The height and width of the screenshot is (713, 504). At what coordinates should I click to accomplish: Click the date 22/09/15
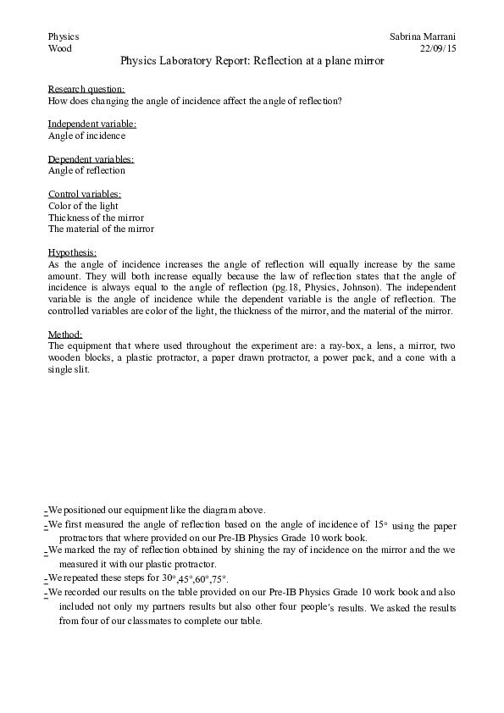(x=438, y=49)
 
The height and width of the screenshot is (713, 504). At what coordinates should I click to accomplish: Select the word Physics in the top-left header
(x=64, y=37)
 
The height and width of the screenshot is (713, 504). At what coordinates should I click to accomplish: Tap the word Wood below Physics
(x=60, y=49)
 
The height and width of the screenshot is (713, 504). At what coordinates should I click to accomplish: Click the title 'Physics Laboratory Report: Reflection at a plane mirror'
(x=252, y=61)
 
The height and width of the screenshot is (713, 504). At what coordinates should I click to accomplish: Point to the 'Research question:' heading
(x=86, y=89)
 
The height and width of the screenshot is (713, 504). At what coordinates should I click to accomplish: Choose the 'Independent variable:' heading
(x=91, y=124)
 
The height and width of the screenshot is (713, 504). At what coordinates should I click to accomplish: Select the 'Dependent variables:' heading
(x=91, y=159)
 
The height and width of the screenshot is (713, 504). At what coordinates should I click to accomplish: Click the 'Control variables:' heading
(x=84, y=194)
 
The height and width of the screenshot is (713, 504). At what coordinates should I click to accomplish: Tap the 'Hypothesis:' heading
(x=72, y=252)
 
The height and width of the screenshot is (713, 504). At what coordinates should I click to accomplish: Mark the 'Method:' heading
(x=65, y=334)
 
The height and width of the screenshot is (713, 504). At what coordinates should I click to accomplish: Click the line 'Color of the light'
(x=83, y=206)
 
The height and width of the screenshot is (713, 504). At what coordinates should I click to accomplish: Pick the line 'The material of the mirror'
(x=101, y=229)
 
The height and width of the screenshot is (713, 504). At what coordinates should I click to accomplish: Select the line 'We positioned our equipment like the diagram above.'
(x=157, y=510)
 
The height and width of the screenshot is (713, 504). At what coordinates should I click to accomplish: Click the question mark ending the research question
(x=340, y=101)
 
